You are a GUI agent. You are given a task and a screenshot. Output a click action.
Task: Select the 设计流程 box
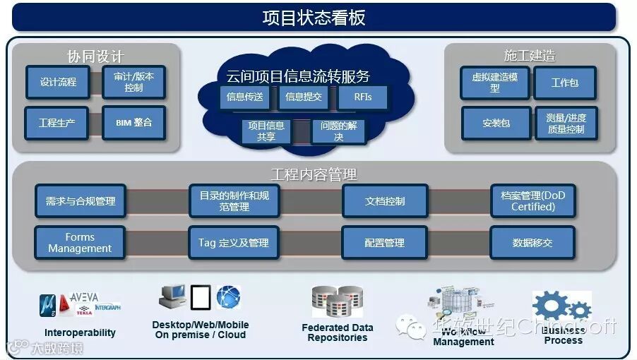58,82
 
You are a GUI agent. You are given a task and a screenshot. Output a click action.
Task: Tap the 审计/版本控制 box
133,82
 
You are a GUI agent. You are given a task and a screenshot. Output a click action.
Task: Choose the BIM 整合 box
133,122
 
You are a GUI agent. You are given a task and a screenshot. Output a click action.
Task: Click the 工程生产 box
57,122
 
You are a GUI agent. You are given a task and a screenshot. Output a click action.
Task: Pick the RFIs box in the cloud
363,97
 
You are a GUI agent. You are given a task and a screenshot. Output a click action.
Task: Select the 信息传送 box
244,97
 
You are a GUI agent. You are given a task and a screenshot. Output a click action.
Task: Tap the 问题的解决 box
338,131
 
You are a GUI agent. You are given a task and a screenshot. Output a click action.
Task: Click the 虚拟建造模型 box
494,83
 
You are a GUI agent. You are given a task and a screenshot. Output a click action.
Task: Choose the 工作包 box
564,83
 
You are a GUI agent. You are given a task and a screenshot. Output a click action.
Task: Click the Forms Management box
79,243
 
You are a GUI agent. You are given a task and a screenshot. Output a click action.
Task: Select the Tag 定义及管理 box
233,243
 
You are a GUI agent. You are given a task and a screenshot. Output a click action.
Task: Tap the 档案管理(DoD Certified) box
532,201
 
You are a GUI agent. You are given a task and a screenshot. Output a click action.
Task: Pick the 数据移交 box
532,243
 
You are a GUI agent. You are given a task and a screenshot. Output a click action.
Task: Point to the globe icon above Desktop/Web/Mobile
228,296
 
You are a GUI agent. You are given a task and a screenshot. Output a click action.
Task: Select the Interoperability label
80,332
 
